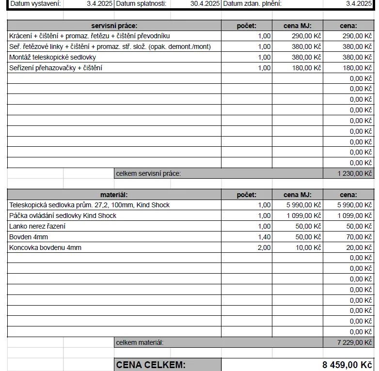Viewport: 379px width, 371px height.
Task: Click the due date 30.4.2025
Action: click(205, 3)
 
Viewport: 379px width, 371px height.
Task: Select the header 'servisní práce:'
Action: click(114, 25)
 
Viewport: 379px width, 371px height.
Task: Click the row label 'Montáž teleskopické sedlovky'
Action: click(52, 57)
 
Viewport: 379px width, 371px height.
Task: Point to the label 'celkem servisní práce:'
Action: click(148, 173)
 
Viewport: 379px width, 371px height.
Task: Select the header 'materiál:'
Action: click(114, 195)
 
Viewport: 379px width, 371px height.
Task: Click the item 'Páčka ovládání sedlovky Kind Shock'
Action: click(63, 216)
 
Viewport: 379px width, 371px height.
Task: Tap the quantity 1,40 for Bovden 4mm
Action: click(264, 237)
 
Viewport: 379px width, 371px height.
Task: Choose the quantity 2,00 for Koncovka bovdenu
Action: click(264, 247)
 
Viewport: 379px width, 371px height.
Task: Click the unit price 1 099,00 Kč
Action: click(304, 216)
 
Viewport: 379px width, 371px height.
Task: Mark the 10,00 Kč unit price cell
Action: click(309, 247)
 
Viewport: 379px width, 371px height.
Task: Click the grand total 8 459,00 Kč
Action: click(347, 365)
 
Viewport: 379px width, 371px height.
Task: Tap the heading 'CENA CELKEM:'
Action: click(151, 365)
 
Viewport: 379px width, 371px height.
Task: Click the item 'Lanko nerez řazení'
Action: click(37, 226)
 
